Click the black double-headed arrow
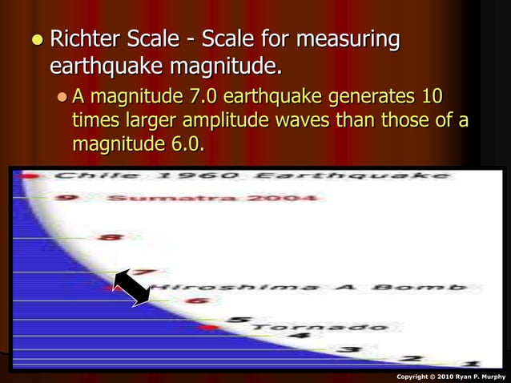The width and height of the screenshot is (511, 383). pos(132,287)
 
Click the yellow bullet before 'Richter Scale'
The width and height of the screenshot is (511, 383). pos(33,39)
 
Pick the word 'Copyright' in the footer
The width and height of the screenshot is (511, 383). pos(416,375)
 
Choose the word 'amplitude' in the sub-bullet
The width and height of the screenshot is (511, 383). pos(239,122)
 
